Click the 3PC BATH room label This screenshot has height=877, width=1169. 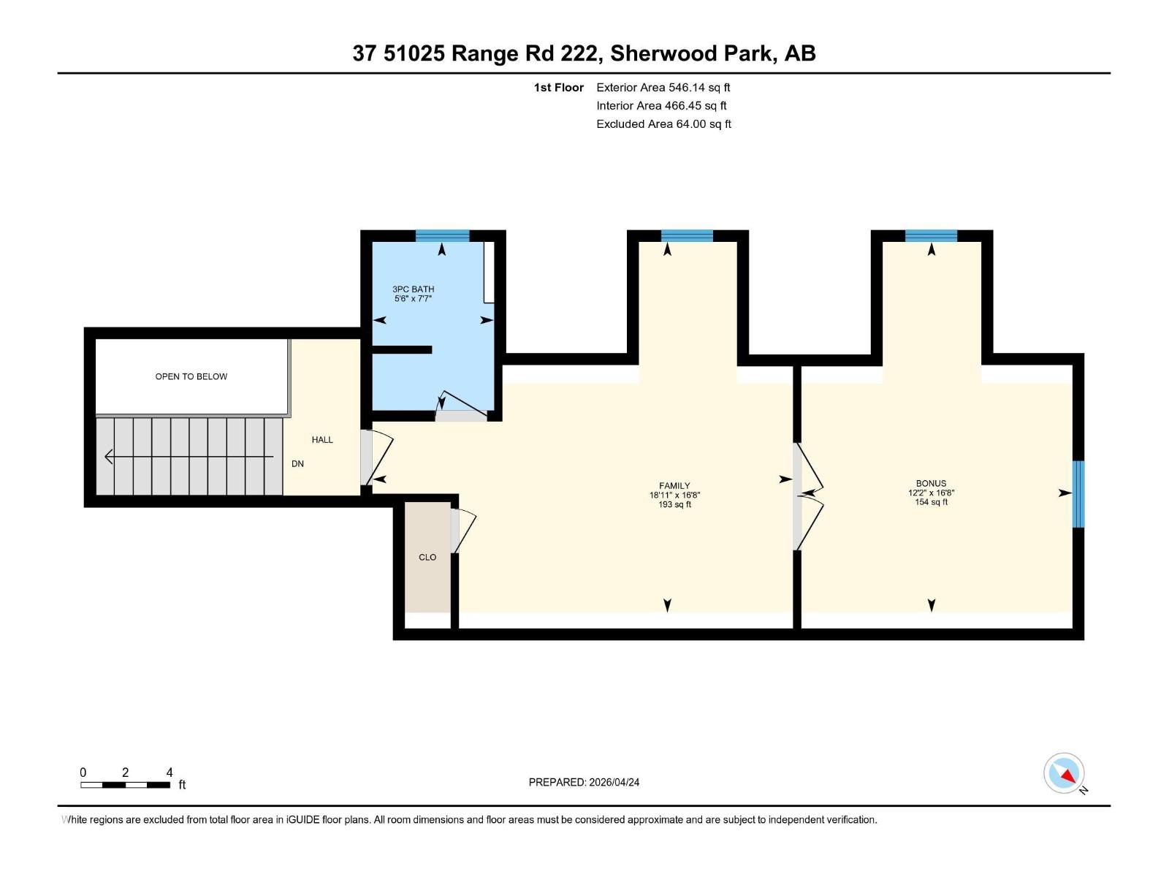(x=413, y=289)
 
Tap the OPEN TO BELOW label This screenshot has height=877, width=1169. (x=191, y=376)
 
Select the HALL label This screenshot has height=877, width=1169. (x=322, y=439)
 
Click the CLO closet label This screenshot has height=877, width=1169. (x=427, y=557)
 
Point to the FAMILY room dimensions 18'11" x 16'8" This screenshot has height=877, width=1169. (x=674, y=495)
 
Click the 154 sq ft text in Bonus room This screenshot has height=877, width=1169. (x=931, y=502)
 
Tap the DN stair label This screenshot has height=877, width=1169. (x=297, y=463)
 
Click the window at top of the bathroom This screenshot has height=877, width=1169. (x=442, y=235)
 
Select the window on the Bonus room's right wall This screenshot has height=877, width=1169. (x=1078, y=493)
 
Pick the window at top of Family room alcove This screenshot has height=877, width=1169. (x=686, y=235)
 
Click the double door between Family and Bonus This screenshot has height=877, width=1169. (x=807, y=496)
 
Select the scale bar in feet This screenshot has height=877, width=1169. (x=126, y=785)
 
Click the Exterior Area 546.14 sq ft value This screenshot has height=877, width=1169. (x=699, y=87)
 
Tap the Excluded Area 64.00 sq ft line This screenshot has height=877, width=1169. (x=663, y=124)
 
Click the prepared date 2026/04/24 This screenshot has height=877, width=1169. (x=613, y=782)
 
